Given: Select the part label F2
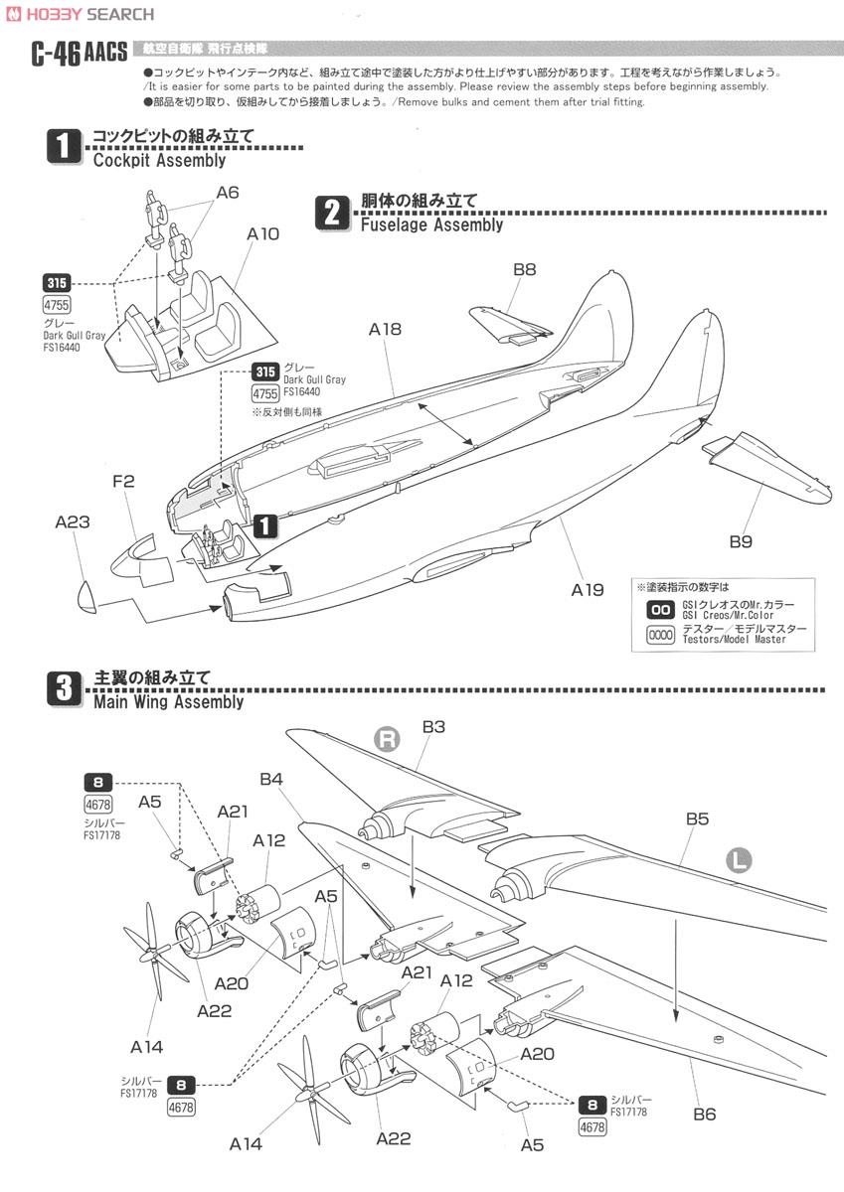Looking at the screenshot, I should tap(123, 482).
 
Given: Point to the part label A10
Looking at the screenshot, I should tap(263, 233).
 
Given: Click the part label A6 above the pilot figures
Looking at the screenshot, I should tap(227, 193).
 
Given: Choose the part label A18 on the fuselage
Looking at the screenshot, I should tap(385, 329).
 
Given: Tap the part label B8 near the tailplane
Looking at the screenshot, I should tap(524, 268).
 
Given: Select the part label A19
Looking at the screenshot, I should tap(588, 589).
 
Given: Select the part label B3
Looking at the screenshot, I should tap(433, 727).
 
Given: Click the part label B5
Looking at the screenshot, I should tap(697, 819).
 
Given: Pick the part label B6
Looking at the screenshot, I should tap(704, 1114).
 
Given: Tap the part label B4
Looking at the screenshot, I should tap(272, 781).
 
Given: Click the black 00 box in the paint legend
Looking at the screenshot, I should tap(659, 610).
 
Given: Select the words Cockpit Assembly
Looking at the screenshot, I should tap(159, 159).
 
